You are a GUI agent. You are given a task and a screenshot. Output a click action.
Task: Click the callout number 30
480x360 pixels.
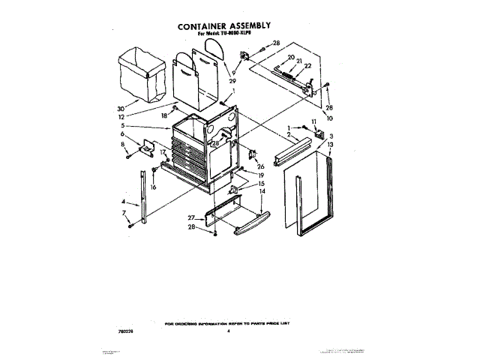point(122,106)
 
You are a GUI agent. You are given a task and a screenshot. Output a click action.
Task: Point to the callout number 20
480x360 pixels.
point(290,57)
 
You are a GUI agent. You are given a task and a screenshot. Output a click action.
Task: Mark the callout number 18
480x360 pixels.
point(163,116)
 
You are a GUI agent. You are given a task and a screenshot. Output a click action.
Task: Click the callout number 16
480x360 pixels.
point(153,187)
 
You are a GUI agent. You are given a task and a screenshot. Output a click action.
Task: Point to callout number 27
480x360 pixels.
point(192,217)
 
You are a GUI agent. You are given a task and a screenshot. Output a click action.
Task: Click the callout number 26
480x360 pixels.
point(262,166)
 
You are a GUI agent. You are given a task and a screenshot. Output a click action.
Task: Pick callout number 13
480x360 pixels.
point(330,143)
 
